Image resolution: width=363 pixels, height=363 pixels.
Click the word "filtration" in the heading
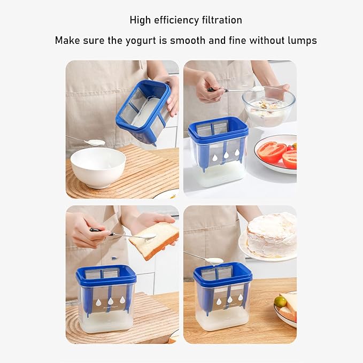(x=221, y=20)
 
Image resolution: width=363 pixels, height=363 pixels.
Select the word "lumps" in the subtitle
(x=301, y=40)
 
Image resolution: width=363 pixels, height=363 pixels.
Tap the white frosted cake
(x=272, y=235)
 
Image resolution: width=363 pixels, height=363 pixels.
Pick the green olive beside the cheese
(x=280, y=302)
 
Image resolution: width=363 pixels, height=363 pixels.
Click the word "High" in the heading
(x=140, y=20)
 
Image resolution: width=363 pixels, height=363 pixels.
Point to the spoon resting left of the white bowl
(x=87, y=141)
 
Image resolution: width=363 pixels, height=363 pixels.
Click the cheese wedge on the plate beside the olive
(x=289, y=306)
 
